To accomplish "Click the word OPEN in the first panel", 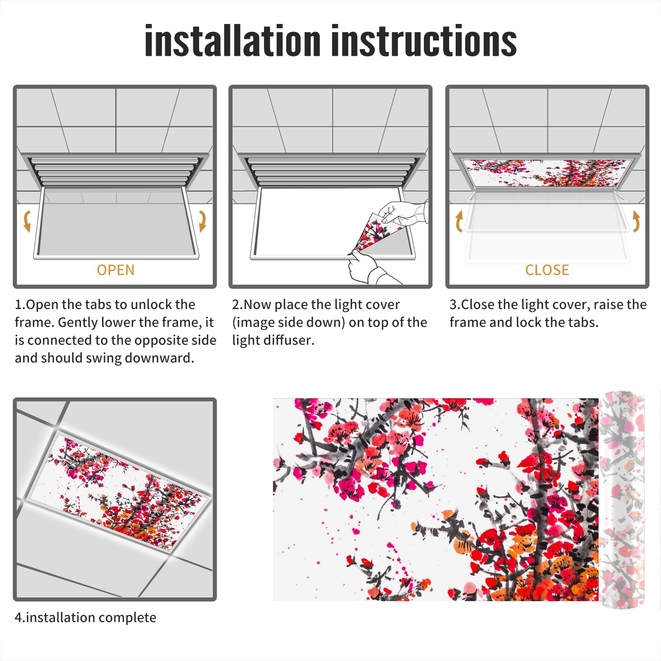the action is tap(116, 270).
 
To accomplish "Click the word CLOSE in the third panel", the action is tap(547, 270).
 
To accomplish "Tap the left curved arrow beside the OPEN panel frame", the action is tap(27, 221).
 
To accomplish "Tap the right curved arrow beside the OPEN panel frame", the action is tap(202, 221).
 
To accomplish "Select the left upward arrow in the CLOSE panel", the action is tap(459, 221).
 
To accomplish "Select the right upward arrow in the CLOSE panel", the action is tap(636, 221).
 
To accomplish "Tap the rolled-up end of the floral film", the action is tap(622, 500).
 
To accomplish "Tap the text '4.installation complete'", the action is tap(86, 618).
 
